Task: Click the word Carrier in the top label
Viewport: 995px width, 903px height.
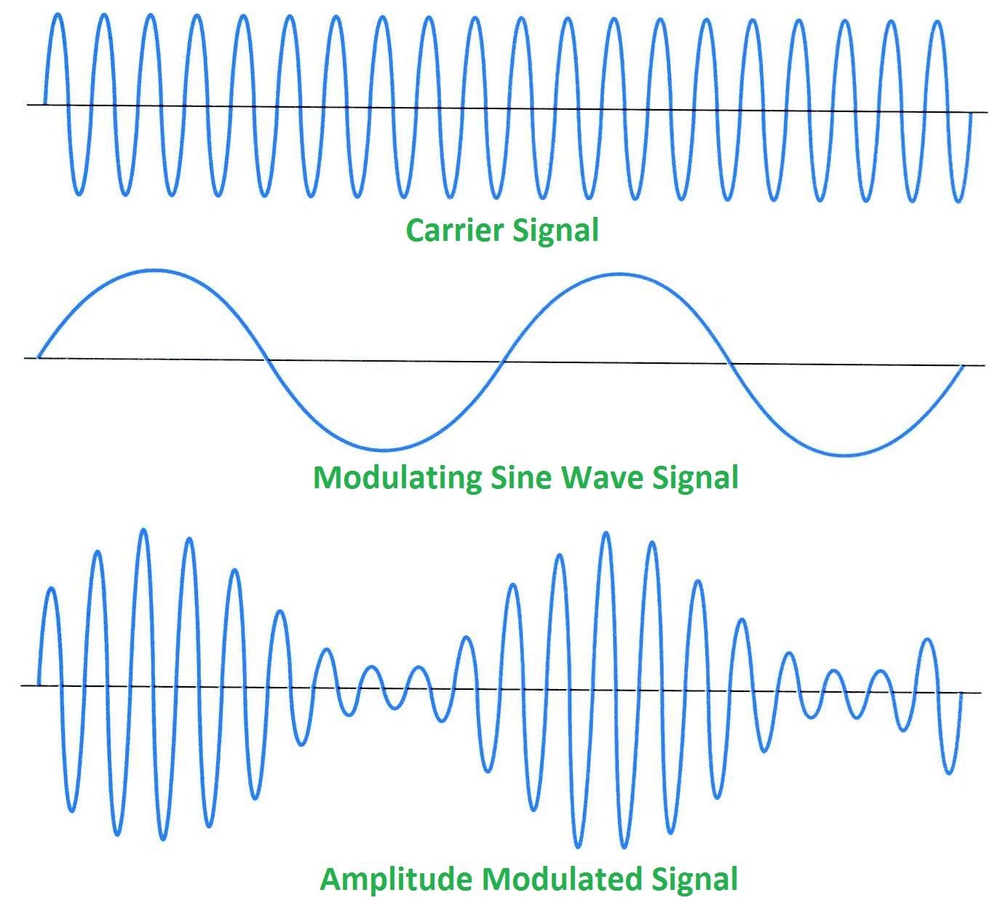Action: point(455,231)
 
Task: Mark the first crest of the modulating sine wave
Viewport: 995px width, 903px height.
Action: point(154,271)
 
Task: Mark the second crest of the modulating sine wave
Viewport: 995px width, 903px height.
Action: point(617,274)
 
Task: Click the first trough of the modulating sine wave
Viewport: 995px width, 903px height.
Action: point(384,450)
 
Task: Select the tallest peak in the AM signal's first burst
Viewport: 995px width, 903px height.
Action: point(143,530)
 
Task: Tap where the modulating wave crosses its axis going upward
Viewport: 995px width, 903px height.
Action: point(501,362)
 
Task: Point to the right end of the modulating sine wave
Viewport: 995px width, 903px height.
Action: point(964,366)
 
